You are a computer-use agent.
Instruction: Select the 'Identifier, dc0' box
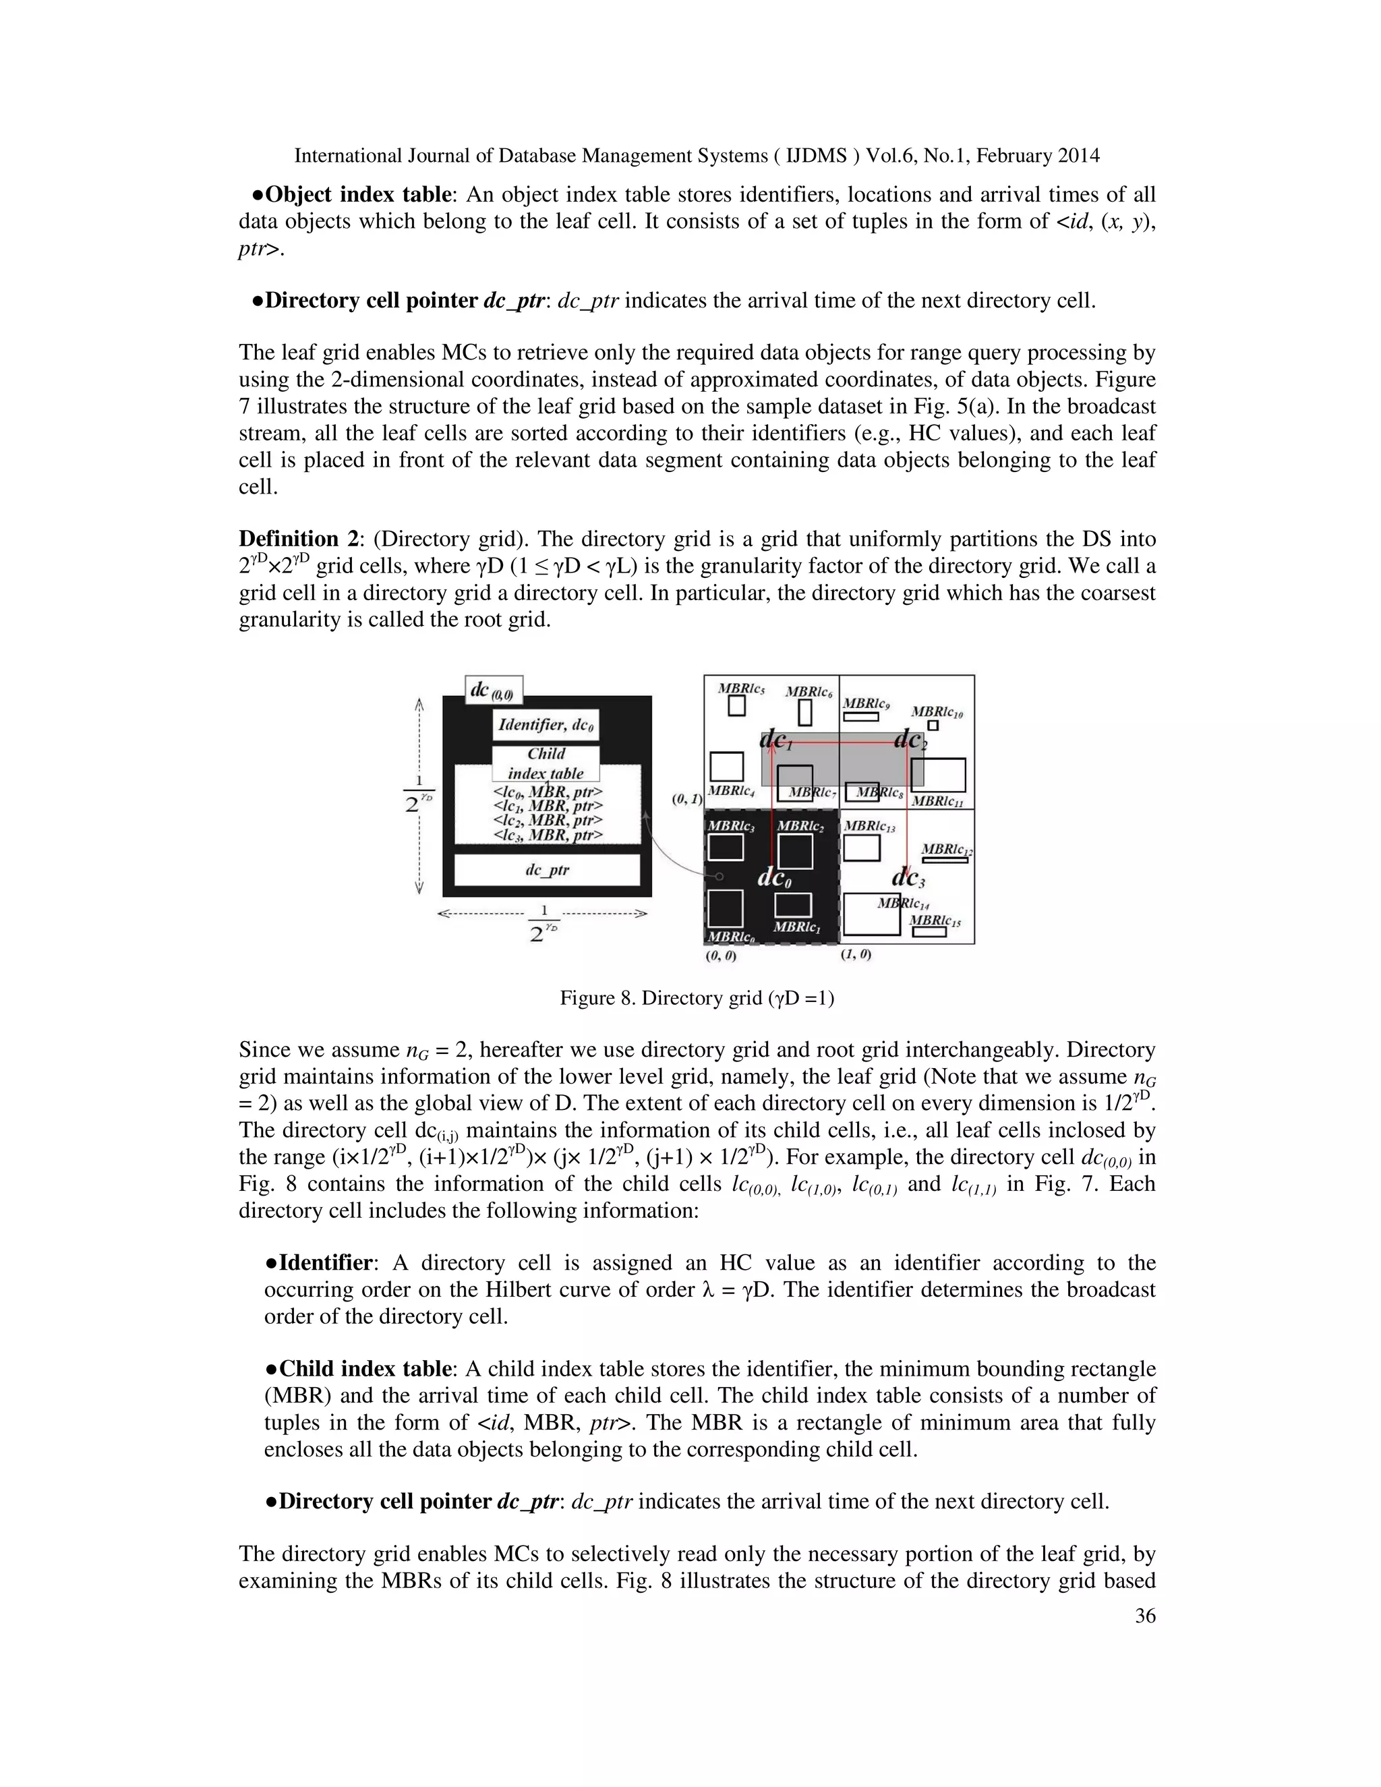(x=546, y=725)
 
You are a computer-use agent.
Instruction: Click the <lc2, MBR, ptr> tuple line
(x=548, y=820)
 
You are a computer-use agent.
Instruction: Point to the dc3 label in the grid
(x=908, y=879)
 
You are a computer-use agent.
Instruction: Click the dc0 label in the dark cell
(x=773, y=878)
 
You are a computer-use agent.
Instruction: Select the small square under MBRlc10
(x=933, y=725)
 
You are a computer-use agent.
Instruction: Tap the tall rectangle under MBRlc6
(x=805, y=712)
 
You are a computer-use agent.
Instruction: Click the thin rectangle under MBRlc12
(x=945, y=860)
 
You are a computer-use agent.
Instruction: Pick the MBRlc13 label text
(x=869, y=827)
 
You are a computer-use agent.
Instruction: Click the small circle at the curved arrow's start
(x=718, y=877)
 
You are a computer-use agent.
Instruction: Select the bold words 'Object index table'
(x=358, y=195)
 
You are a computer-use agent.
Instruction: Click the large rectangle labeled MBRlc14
(x=871, y=914)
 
